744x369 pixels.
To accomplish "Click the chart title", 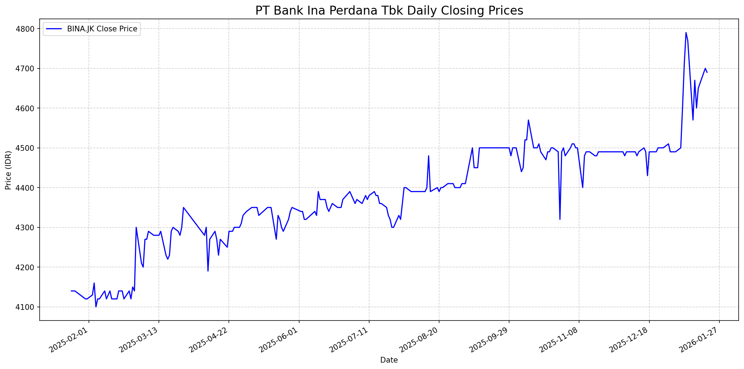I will pos(389,11).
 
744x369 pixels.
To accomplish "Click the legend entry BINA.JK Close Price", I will pos(102,29).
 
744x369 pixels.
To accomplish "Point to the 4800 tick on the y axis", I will pos(29,29).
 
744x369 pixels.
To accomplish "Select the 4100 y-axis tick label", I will pos(29,307).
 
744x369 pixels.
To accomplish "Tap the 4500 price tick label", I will pos(29,148).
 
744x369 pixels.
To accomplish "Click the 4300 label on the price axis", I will pos(29,227).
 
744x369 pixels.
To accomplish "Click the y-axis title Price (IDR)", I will pos(8,170).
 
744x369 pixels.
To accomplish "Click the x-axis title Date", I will pos(389,360).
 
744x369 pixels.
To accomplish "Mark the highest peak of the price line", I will pos(686,32).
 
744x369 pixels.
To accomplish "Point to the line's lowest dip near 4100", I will pos(96,307).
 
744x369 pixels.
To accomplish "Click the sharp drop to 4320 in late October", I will pos(560,219).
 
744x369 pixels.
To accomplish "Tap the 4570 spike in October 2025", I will pos(528,120).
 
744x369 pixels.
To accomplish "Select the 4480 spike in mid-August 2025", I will pos(428,156).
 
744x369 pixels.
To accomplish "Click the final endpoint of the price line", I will pos(707,72).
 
